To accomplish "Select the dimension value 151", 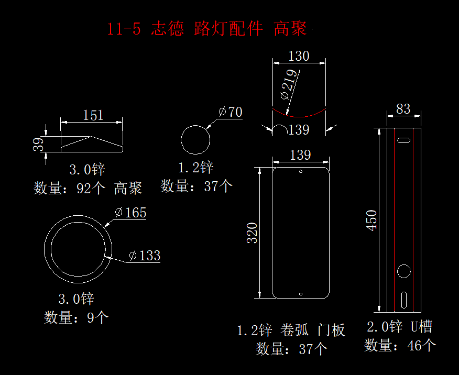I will coord(93,115).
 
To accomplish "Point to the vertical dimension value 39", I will coord(38,144).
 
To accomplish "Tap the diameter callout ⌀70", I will coord(231,112).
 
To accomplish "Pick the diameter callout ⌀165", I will coord(130,213).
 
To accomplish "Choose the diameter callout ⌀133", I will coord(145,256).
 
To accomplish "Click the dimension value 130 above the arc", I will coord(299,56).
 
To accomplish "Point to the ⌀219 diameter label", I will coord(289,84).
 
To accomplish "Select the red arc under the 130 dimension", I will coord(299,115).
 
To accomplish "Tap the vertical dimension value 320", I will coord(253,233).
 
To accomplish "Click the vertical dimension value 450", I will coord(371,220).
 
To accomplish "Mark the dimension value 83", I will coord(403,109).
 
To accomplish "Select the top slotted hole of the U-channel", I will coord(404,140).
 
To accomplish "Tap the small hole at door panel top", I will coord(301,171).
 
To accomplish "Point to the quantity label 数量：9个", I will coord(76,317).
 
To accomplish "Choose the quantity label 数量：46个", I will coord(400,345).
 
